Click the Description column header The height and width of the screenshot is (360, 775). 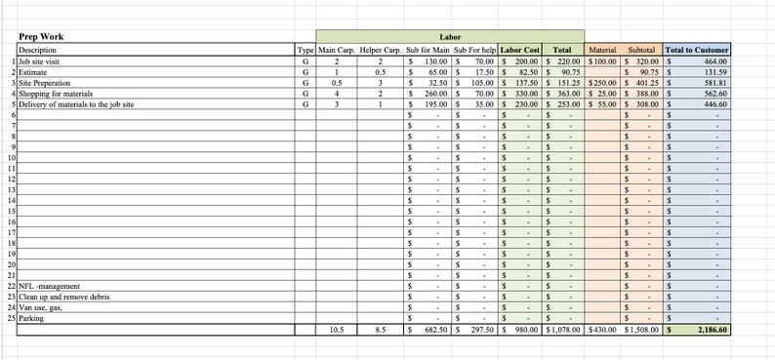[x=37, y=49]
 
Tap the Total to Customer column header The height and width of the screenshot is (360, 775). [x=696, y=49]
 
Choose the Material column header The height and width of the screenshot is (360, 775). [x=601, y=49]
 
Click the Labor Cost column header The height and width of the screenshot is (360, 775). [x=520, y=49]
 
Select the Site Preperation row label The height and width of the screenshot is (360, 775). [x=44, y=82]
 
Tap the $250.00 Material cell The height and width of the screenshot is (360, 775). [x=602, y=82]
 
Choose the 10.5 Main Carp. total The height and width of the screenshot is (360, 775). [x=336, y=330]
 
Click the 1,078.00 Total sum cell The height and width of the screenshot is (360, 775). [x=563, y=330]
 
